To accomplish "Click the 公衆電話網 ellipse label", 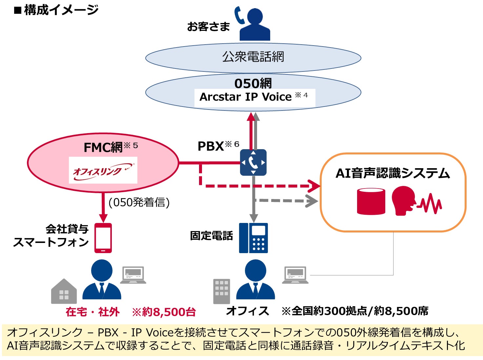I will [x=253, y=57].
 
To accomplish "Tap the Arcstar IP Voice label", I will [x=246, y=97].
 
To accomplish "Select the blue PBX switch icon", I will [x=253, y=163].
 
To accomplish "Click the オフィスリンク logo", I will [x=103, y=170].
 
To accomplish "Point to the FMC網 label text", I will [x=103, y=147].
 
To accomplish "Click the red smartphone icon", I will [x=103, y=238].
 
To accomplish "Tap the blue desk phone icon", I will [x=253, y=238].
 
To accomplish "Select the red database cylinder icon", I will [x=371, y=201].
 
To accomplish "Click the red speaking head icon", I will [x=404, y=201].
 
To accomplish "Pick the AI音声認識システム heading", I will [x=392, y=173].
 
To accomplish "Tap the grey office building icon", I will [x=222, y=291].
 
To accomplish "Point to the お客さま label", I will [x=208, y=27].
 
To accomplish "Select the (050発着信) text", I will [x=139, y=202].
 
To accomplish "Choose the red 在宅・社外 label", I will [x=92, y=312].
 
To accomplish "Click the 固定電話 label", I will [x=211, y=236].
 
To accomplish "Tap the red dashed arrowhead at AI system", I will [x=314, y=186].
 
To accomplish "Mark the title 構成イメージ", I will [x=61, y=10].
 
